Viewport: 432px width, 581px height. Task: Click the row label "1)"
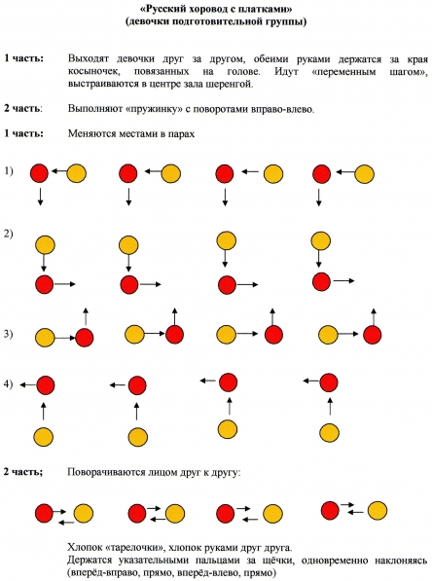pos(9,171)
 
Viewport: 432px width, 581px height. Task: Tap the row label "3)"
pos(8,334)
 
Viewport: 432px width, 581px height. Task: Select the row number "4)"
pos(8,384)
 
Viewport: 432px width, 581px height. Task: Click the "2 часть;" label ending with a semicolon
pos(23,472)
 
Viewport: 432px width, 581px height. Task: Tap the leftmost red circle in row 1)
pos(39,173)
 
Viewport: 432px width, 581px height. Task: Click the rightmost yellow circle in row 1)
pos(365,174)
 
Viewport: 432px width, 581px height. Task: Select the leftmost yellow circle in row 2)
pos(45,245)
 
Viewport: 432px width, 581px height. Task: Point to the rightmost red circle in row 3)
pos(373,335)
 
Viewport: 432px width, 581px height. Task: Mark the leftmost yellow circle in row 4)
pos(43,437)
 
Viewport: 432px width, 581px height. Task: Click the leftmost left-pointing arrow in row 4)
pos(27,385)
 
